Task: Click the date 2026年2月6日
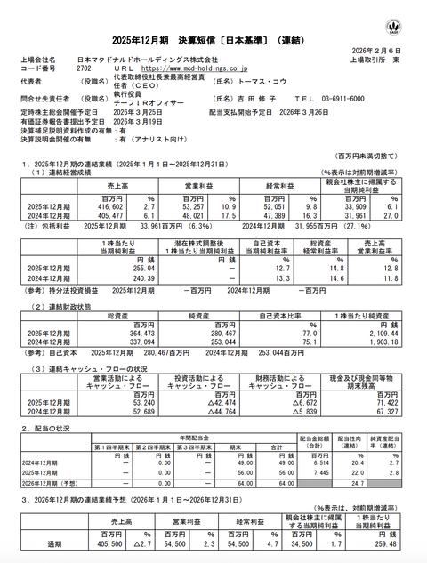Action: click(x=377, y=49)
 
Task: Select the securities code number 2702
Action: click(x=85, y=67)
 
